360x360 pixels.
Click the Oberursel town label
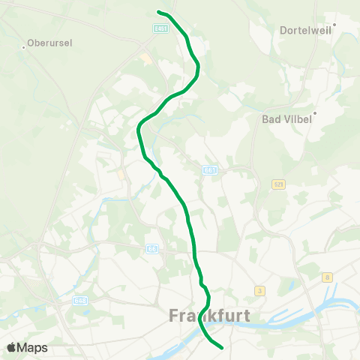click(x=49, y=43)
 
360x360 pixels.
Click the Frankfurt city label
click(x=208, y=316)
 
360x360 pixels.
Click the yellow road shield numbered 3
click(x=259, y=290)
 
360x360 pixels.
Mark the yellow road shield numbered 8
click(x=328, y=277)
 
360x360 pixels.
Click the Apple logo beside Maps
click(x=12, y=347)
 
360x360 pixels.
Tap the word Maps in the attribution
click(x=33, y=347)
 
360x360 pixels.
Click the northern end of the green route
click(x=158, y=12)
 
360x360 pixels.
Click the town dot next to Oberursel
click(x=25, y=47)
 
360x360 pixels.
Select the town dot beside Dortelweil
click(x=334, y=25)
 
